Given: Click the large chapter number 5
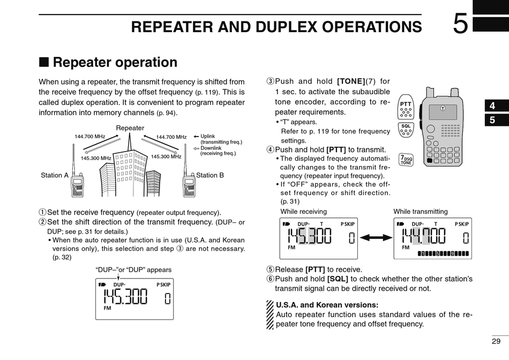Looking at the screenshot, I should (460, 25).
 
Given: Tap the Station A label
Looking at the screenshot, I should (55, 175).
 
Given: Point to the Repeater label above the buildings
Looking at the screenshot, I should (130, 128).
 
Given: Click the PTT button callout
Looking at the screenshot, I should (406, 108).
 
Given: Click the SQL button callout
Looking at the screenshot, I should (406, 129).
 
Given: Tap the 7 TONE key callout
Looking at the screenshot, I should (406, 160).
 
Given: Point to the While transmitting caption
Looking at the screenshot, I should (421, 212).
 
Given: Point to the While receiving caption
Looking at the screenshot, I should (304, 212).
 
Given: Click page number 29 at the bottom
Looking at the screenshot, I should (496, 341).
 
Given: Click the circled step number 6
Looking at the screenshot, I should (270, 279).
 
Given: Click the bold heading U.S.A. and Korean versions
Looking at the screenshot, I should (327, 305).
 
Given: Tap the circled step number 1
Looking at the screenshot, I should (42, 213).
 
